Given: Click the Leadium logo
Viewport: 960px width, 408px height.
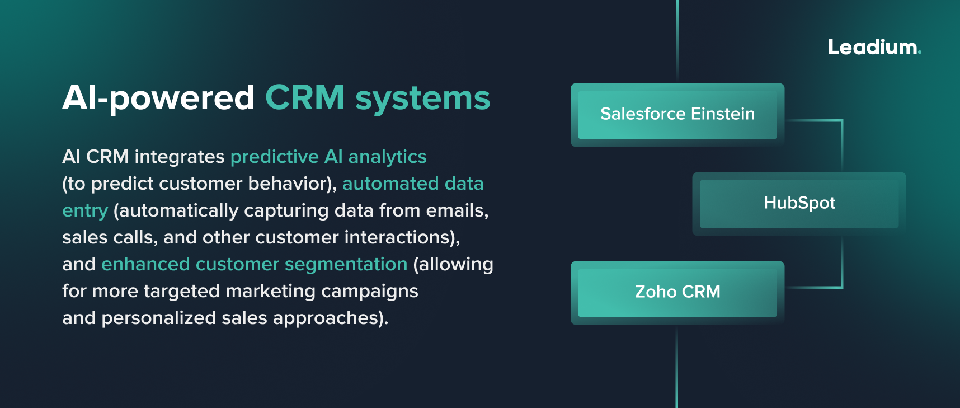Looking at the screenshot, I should pos(874,47).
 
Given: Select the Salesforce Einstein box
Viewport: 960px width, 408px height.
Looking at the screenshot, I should pos(677,115).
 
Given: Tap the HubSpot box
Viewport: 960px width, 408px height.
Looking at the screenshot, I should pos(799,203).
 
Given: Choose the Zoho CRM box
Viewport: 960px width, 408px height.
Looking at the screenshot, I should pos(677,292).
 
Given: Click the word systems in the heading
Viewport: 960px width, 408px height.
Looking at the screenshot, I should pos(422,99).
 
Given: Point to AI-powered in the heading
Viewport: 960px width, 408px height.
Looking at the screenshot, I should pos(158,99).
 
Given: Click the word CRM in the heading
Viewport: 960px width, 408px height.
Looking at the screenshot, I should pos(305,98).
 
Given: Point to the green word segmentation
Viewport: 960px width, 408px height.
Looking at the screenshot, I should pos(346,265).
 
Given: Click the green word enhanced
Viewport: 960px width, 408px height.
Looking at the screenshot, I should pos(145,265).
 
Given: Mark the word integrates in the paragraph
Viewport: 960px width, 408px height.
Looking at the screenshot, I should pos(179,157).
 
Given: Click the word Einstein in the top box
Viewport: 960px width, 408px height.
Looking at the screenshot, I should pos(723,114).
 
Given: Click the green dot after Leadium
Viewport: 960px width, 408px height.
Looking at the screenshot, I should pos(919,53).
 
